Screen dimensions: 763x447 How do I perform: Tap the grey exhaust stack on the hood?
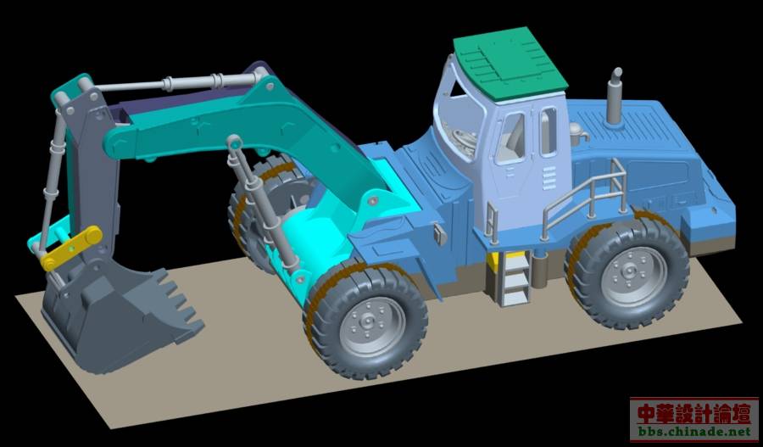pyautogui.click(x=614, y=98)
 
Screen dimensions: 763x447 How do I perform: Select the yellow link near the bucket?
pyautogui.click(x=71, y=249)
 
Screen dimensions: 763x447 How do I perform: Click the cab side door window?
pyautogui.click(x=510, y=138)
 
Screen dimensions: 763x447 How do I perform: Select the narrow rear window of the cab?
pyautogui.click(x=549, y=131)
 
